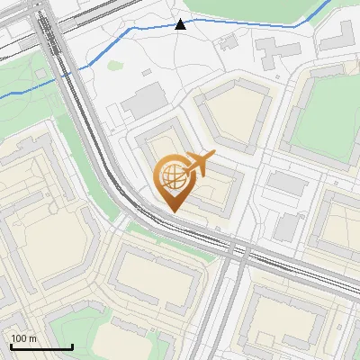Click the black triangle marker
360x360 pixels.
tap(181, 24)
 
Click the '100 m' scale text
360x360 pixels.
tap(23, 338)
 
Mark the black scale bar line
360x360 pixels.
tap(40, 346)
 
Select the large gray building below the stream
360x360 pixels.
tap(144, 101)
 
